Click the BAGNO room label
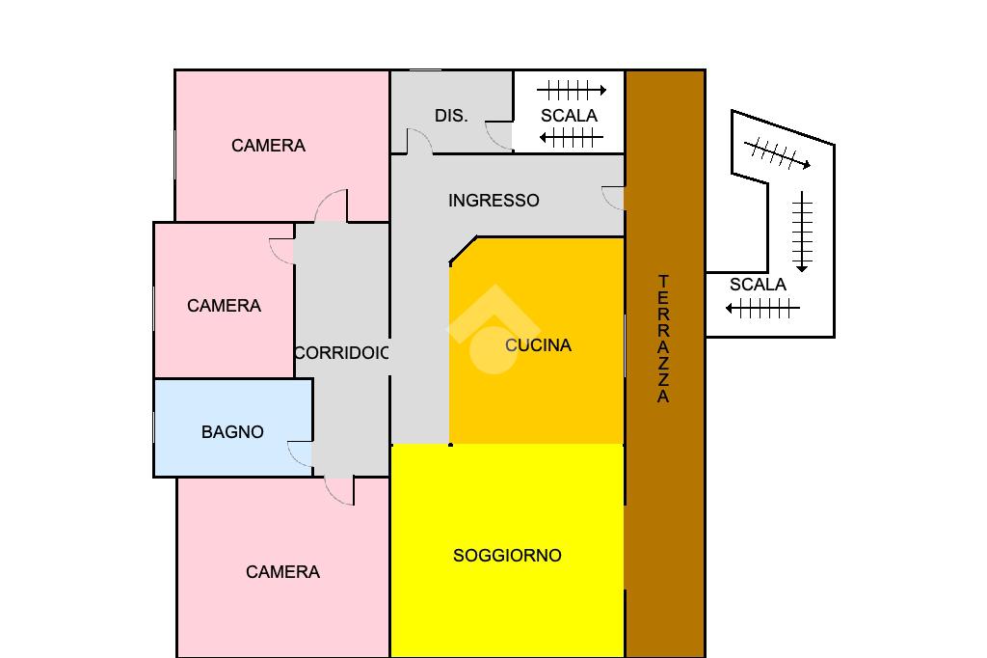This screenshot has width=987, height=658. coord(232,431)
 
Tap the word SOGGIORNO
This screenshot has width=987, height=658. coord(507,556)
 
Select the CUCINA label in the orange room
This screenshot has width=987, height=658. coord(538,345)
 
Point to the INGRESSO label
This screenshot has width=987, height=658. coord(493,201)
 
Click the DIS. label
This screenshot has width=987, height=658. coord(451,116)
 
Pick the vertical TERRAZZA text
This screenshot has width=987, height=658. coord(663,339)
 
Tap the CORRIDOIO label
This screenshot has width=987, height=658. coord(342,353)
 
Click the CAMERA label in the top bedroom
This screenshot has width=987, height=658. coord(268,146)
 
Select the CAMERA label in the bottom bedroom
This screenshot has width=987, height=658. coord(282,572)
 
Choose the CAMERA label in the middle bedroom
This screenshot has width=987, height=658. coord(224,306)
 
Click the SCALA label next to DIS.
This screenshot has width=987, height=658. coord(569,116)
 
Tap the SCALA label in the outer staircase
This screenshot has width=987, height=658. coord(758,285)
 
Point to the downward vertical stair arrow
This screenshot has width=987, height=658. coord(802,232)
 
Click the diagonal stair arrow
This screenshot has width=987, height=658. coord(778,153)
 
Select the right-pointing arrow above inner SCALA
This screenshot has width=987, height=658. coord(572,90)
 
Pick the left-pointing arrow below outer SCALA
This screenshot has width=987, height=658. coord(762,308)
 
